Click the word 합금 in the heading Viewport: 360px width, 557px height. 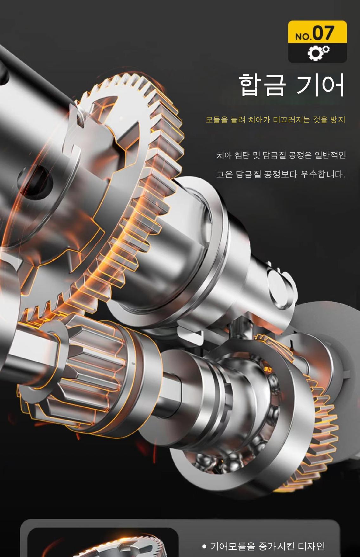tap(262, 85)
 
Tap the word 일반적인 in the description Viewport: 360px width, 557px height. tap(330, 155)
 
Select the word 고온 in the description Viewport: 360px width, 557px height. tap(224, 174)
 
